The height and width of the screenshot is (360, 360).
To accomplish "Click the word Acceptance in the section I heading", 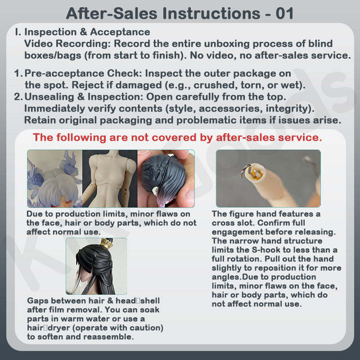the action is point(120,32).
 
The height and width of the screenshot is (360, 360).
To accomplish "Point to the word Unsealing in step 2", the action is point(49,97).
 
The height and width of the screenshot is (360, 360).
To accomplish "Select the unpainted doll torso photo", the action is point(110,179).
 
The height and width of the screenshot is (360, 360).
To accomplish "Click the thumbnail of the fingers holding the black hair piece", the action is point(166,179).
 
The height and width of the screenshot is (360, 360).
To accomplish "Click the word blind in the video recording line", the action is point(320,43).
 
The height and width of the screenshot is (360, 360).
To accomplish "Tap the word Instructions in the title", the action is point(211,13).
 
